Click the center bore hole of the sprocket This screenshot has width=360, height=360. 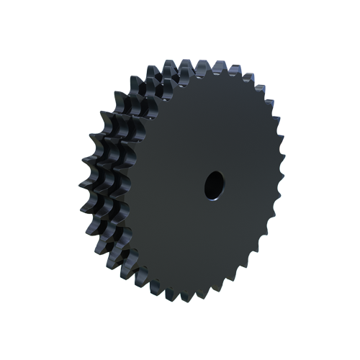(214, 184)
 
